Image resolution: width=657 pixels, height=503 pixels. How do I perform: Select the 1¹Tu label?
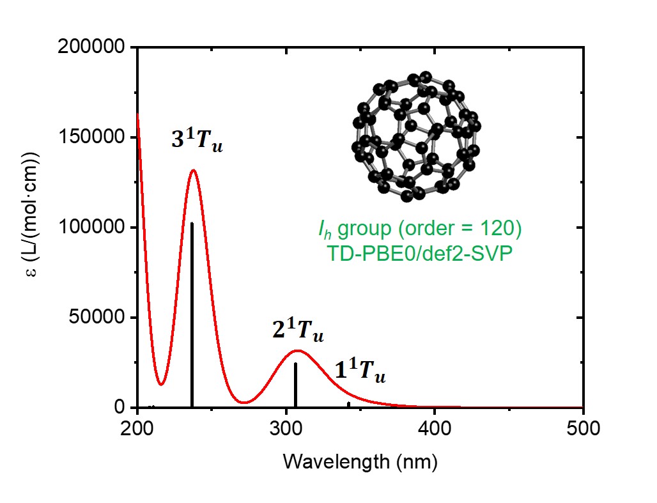(360, 371)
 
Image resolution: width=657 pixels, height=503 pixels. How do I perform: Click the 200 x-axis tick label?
(137, 429)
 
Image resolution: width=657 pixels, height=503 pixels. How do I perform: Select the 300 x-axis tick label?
(286, 429)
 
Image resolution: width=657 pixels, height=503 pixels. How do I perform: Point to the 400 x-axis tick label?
(435, 429)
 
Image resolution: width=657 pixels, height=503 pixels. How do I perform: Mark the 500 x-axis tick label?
(583, 429)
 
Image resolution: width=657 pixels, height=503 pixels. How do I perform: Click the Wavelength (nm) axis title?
(360, 461)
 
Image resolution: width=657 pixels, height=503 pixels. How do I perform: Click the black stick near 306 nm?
(295, 385)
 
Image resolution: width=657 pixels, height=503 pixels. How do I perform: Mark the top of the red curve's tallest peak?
(193, 170)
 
